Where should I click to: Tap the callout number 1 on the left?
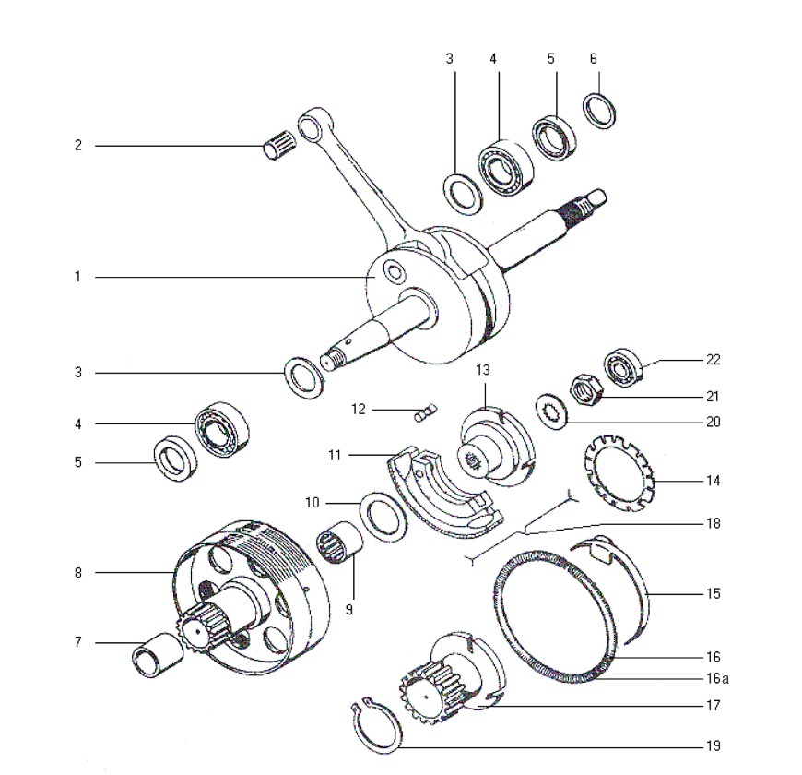pos(77,277)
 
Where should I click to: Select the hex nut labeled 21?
pos(586,391)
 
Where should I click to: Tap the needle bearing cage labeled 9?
pos(338,542)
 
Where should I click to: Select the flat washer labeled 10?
pos(384,517)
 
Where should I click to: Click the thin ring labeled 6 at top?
pos(599,111)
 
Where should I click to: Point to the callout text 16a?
pos(717,678)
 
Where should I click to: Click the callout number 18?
pos(713,523)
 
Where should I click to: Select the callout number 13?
pos(483,370)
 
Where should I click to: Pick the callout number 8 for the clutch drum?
pos(77,572)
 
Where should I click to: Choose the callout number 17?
pos(713,706)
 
